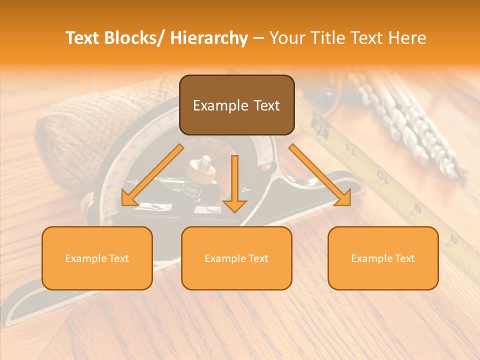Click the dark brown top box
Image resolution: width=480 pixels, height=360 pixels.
236,105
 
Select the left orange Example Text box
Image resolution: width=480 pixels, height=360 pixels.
97,258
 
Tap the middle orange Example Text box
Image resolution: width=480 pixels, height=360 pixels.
236,258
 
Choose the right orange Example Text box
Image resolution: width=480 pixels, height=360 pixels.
383,258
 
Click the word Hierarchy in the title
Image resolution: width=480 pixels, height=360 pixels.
209,38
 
